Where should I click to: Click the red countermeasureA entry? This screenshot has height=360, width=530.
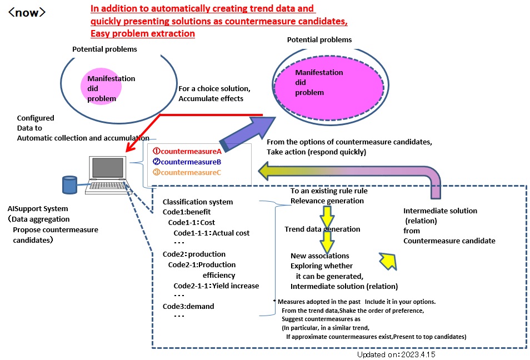[187, 151]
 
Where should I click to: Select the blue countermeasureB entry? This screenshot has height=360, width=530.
[187, 162]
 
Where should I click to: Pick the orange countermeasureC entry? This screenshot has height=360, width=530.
[187, 173]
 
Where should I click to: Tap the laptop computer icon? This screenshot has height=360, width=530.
[107, 176]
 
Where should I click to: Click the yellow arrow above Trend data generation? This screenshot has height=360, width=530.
[327, 214]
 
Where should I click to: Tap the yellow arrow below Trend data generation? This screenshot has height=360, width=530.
[327, 241]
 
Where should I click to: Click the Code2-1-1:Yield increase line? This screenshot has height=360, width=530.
[216, 286]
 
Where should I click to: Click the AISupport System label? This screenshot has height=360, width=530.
[38, 209]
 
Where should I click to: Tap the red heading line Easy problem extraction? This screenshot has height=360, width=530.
[143, 33]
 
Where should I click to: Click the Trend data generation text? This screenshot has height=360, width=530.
[322, 229]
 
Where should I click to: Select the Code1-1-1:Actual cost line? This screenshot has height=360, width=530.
[211, 232]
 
